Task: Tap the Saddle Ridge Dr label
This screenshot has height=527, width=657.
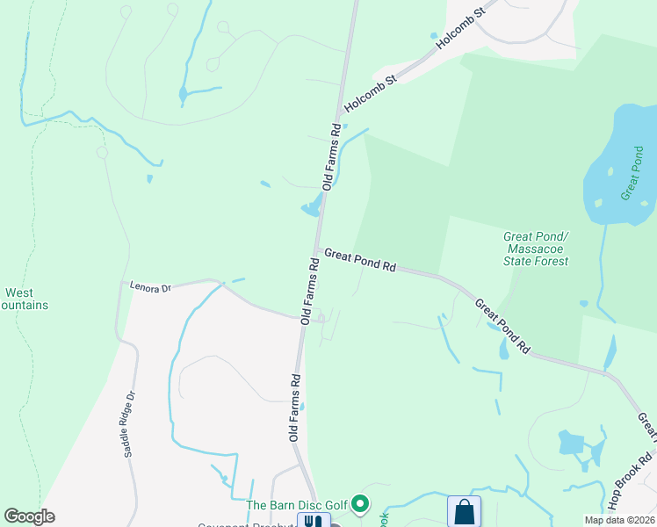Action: click(130, 423)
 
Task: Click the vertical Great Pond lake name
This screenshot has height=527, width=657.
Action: click(632, 173)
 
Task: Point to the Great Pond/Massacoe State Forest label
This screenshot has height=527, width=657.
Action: click(536, 249)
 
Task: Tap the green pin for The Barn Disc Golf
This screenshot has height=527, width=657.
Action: click(359, 504)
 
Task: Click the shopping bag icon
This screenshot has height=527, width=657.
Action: click(463, 511)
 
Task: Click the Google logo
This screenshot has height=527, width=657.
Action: click(29, 516)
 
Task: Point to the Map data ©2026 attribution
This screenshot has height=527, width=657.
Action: click(619, 520)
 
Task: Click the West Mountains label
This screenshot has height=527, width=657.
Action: click(23, 299)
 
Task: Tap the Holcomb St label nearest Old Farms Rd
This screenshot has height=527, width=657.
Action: click(371, 92)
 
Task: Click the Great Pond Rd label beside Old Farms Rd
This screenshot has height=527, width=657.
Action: click(360, 259)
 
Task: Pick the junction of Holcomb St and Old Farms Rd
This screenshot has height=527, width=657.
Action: click(339, 114)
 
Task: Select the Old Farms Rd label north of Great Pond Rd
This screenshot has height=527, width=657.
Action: click(331, 156)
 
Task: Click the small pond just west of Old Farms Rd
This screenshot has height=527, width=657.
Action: click(310, 209)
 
